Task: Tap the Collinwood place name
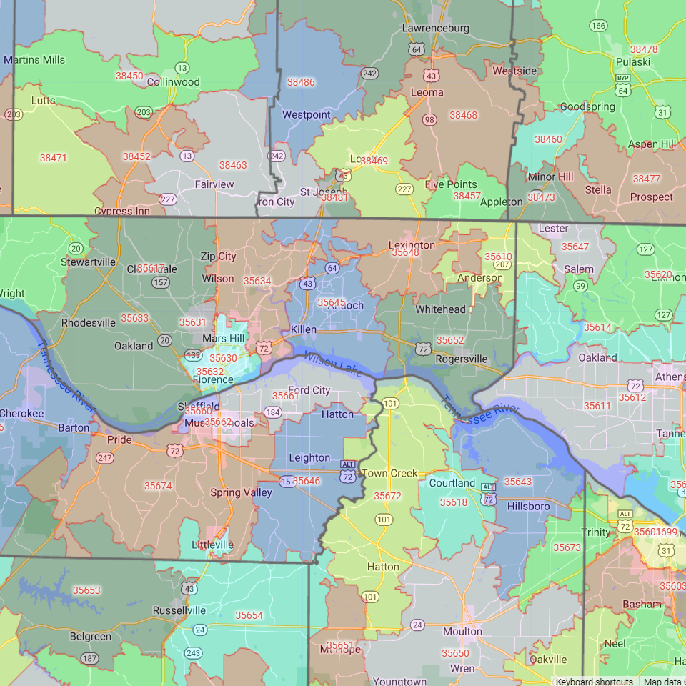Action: [173, 82]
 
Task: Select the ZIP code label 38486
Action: [301, 82]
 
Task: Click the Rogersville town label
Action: [461, 359]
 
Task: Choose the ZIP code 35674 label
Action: [158, 486]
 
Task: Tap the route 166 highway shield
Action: [598, 26]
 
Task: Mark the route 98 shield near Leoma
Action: [429, 119]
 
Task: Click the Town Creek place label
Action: [389, 474]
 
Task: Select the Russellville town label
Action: [179, 611]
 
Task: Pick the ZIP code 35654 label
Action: [249, 615]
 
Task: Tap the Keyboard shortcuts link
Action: [593, 682]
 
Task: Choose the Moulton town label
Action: [462, 632]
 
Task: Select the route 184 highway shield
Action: [272, 412]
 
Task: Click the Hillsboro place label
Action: [528, 507]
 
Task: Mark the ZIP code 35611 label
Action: [597, 406]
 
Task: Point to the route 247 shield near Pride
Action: [105, 457]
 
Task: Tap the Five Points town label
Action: [450, 184]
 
